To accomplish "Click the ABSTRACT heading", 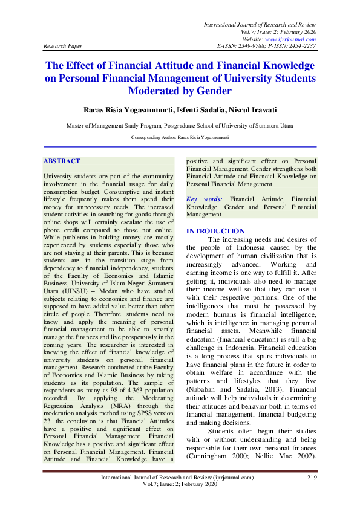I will (x=62, y=161).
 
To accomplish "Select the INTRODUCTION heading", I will (x=215, y=231).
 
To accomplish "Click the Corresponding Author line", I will (x=180, y=138).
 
